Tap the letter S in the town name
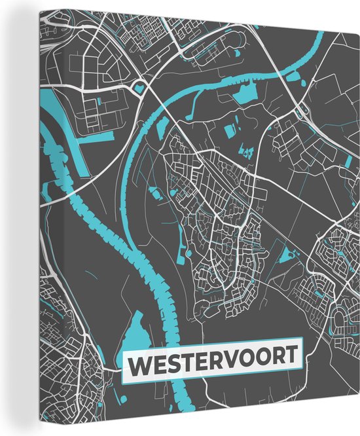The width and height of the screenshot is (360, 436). point(173,365)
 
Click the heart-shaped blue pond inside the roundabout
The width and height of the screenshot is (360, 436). point(139,86)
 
